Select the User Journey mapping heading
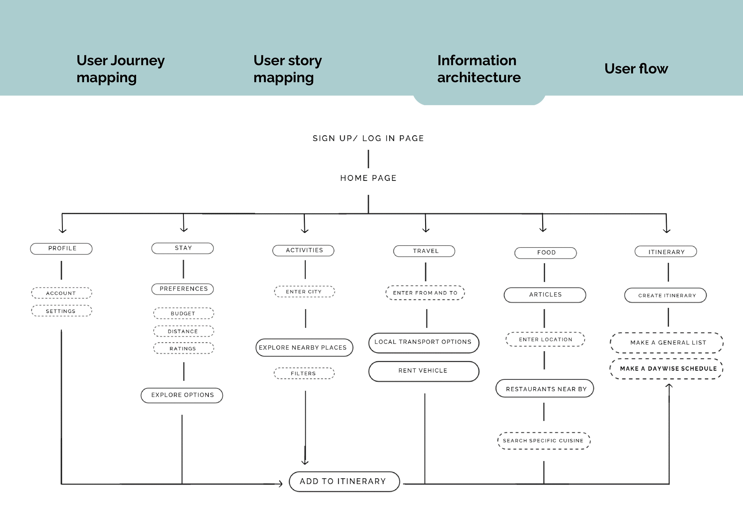coord(121,69)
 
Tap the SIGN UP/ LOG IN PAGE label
coord(368,138)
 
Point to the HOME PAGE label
coord(368,178)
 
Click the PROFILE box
coord(61,249)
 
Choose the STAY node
coord(183,248)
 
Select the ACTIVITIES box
coord(303,250)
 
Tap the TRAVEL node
coord(424,251)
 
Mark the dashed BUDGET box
coord(184,313)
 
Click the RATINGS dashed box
coord(184,348)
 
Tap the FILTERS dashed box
coord(304,373)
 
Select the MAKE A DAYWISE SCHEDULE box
coord(667,369)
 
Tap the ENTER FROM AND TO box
coord(425,293)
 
